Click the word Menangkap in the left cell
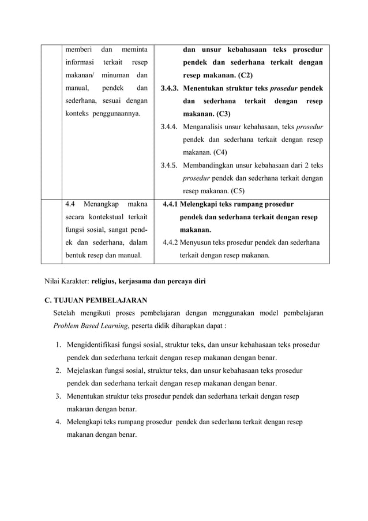102,204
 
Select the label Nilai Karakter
67,282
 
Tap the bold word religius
107,282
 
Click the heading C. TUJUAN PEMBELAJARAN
96,301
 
